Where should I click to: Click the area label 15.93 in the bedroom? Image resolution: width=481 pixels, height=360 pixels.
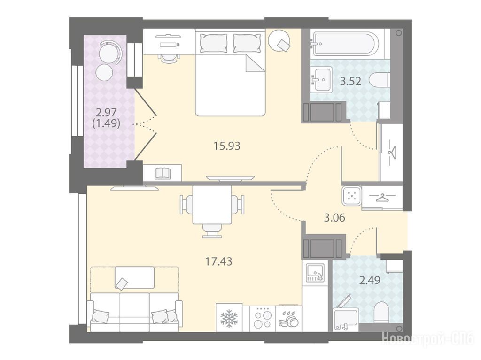227,146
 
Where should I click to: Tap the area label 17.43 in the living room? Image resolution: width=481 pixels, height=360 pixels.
218,261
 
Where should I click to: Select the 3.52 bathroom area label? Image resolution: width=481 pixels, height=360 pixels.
350,81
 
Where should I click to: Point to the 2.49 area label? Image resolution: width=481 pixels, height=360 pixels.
370,280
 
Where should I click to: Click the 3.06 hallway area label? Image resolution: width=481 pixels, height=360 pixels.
334,218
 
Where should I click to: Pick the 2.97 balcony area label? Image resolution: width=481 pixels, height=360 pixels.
106,112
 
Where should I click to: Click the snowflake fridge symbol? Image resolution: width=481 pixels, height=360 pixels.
229,318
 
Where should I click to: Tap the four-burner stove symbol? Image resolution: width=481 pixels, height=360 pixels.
263,319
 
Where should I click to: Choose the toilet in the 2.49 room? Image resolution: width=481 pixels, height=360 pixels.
381,311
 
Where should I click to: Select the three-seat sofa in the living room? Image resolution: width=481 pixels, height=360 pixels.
135,311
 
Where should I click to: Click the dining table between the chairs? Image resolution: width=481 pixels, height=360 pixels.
212,205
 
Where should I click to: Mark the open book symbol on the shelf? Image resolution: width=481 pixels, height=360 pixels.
162,173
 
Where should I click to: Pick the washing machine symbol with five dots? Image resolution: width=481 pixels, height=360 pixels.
351,196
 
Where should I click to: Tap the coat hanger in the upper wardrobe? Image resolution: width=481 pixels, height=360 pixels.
392,152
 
